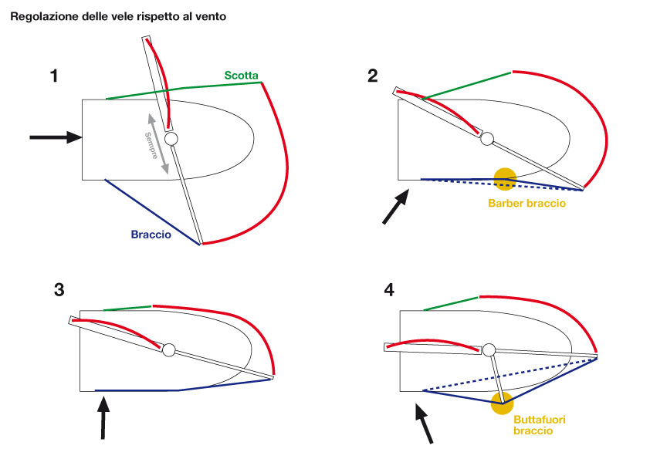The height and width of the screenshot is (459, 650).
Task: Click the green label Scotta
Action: point(241,76)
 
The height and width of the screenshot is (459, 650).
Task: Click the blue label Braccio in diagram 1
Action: point(151,235)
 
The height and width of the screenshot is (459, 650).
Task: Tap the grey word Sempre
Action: point(151,145)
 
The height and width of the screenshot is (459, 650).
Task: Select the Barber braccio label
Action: point(527,204)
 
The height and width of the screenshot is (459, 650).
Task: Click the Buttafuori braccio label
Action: point(540,425)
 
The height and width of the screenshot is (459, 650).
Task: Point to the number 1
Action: point(54,76)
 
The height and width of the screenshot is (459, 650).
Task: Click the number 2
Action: point(373,76)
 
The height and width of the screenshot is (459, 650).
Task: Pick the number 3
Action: point(59,290)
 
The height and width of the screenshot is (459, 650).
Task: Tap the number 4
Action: point(389,290)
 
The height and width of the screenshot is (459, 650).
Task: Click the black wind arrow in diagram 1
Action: point(56,137)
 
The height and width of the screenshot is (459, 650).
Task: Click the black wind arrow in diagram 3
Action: point(103,417)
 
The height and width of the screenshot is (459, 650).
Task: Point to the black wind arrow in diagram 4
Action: point(424,424)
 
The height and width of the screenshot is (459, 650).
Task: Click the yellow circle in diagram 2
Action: point(505,180)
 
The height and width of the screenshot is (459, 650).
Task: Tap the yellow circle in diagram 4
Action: point(502,403)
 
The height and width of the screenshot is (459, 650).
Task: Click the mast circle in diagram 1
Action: point(171,139)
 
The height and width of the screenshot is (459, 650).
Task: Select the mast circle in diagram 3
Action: point(169,350)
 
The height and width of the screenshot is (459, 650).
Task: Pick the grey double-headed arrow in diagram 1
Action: point(159,143)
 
